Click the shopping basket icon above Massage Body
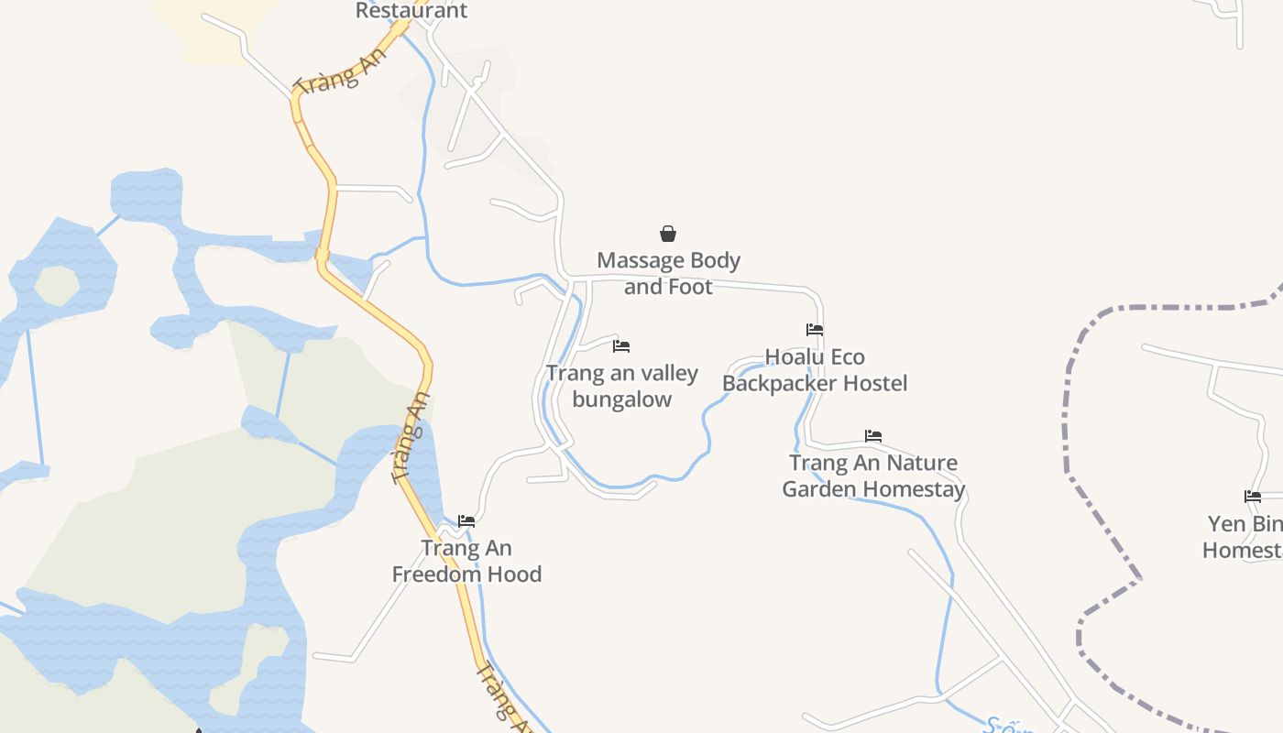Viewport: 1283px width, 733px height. tap(668, 235)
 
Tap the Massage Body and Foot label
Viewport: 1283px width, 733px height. tap(668, 273)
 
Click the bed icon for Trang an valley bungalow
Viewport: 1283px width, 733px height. tap(621, 346)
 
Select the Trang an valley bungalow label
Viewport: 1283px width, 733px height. tap(622, 386)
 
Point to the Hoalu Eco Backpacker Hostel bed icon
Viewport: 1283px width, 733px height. tap(815, 330)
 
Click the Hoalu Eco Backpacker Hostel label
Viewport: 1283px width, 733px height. tap(815, 369)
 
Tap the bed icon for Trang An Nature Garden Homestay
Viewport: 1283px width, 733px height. tap(873, 436)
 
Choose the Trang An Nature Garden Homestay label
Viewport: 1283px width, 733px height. tap(873, 476)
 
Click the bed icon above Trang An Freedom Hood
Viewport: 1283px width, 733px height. tap(466, 521)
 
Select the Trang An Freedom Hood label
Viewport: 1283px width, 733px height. tap(466, 561)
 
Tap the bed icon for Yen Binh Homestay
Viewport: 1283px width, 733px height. tap(1253, 497)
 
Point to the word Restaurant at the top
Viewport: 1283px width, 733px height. tap(411, 11)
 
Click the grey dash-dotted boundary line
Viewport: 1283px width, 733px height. tap(1068, 412)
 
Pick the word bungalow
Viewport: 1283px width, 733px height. tap(622, 399)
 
